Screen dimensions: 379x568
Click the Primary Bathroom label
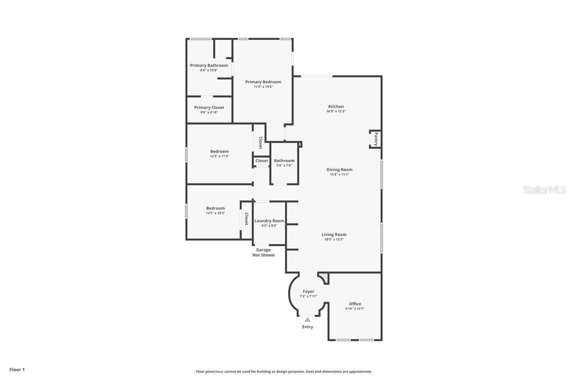[209, 65]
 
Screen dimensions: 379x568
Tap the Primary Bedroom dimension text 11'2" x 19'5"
[263, 87]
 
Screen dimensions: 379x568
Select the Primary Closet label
[209, 108]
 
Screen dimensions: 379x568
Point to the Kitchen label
[336, 107]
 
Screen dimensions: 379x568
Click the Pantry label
[376, 139]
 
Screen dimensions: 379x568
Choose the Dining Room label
[339, 170]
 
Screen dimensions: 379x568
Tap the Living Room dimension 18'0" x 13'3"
[334, 239]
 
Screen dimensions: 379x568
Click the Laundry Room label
[269, 221]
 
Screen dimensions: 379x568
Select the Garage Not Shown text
[263, 253]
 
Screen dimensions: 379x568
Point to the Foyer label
[308, 291]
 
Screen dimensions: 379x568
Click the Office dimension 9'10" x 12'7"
[355, 308]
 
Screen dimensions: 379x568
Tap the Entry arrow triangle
[308, 320]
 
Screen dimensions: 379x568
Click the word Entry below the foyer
[308, 327]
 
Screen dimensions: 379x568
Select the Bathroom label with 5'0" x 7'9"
[284, 161]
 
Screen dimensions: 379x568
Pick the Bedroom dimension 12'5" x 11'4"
[220, 156]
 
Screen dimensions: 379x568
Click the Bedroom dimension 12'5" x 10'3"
[215, 213]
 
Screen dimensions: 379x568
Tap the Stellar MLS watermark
[544, 190]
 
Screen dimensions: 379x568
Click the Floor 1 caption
[17, 370]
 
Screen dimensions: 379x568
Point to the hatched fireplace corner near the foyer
[324, 278]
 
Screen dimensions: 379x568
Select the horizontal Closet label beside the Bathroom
[262, 161]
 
